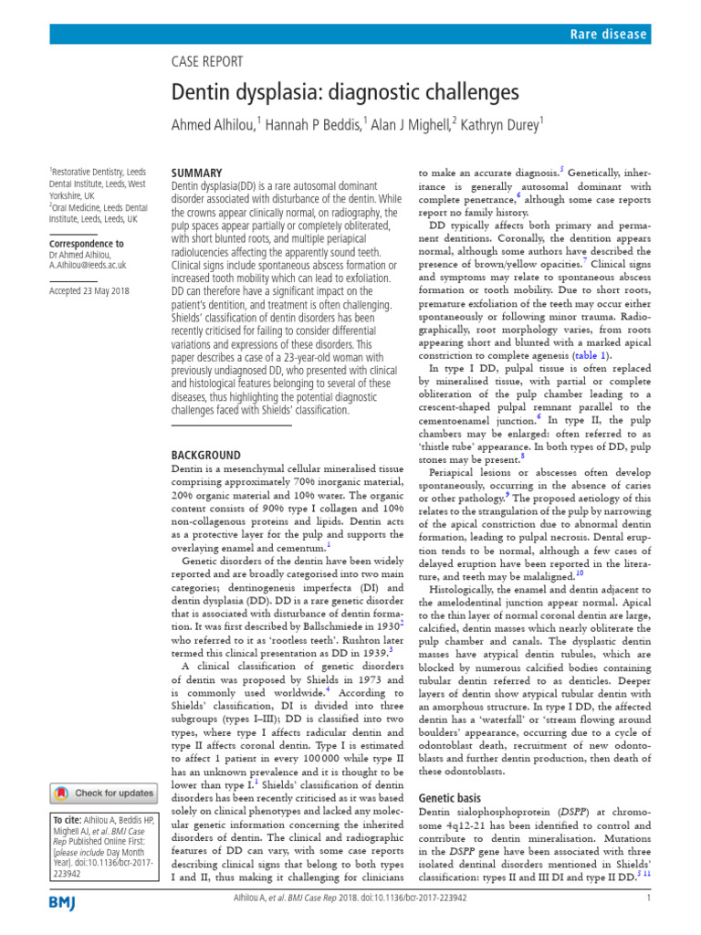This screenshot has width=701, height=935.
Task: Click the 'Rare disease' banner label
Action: [x=609, y=35]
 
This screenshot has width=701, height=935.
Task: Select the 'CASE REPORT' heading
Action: [x=208, y=62]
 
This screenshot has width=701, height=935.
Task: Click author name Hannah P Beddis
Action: [x=313, y=124]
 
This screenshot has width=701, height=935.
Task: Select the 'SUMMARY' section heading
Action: [x=196, y=173]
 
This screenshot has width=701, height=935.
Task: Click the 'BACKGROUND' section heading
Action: [x=206, y=455]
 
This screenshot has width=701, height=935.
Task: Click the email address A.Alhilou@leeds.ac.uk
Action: [x=88, y=265]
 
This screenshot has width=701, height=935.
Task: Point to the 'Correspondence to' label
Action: [x=86, y=244]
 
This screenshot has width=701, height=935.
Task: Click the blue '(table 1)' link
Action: [x=592, y=355]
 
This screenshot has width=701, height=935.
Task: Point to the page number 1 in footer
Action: [x=647, y=923]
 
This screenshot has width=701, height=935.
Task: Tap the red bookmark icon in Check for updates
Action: [x=61, y=793]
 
